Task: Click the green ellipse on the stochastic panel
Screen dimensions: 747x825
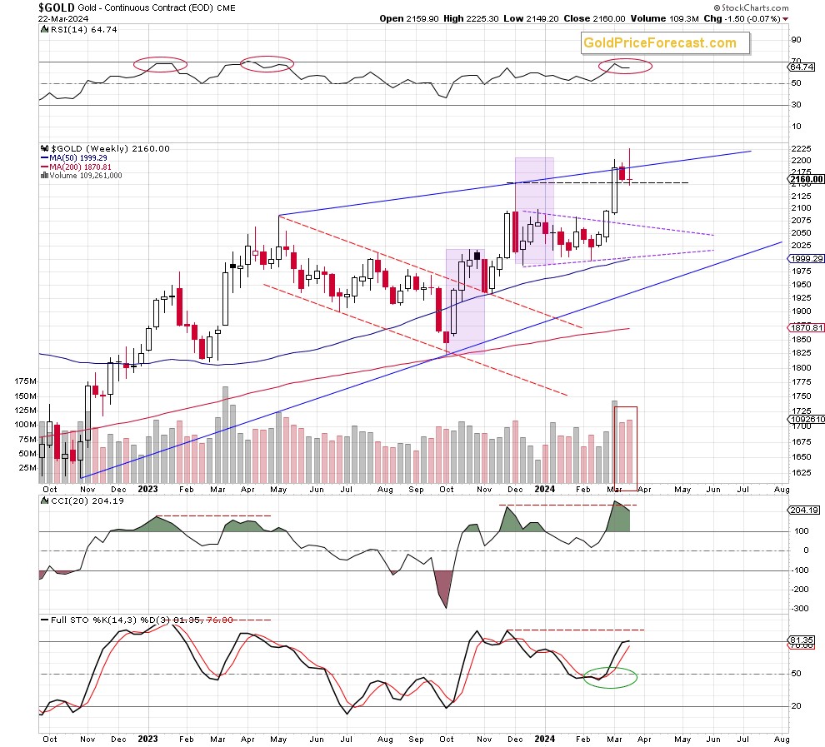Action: (x=611, y=677)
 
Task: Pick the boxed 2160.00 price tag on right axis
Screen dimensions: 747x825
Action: (x=805, y=178)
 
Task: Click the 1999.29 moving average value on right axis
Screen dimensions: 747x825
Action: (x=804, y=259)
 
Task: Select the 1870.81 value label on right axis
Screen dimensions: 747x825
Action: (x=804, y=327)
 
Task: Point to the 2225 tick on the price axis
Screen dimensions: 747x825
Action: (x=799, y=148)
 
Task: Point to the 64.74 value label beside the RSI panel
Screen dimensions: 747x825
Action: (x=802, y=67)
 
